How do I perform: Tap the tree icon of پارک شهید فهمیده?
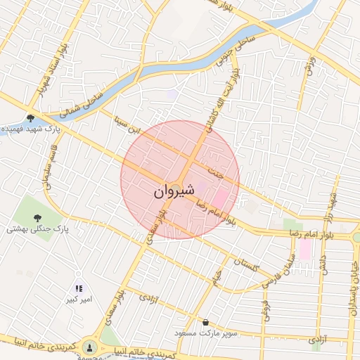30,118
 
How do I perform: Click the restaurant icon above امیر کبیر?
79,288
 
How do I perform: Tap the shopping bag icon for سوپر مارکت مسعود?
205,322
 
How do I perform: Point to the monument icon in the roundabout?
89,347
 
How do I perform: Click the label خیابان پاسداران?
347,281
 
